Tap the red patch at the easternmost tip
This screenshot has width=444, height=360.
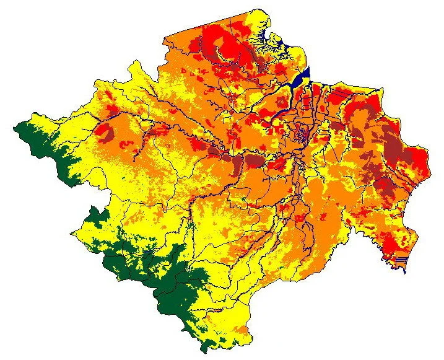point(418,158)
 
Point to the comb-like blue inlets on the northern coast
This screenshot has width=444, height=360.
point(268,40)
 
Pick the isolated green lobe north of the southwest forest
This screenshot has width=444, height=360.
point(99,214)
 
